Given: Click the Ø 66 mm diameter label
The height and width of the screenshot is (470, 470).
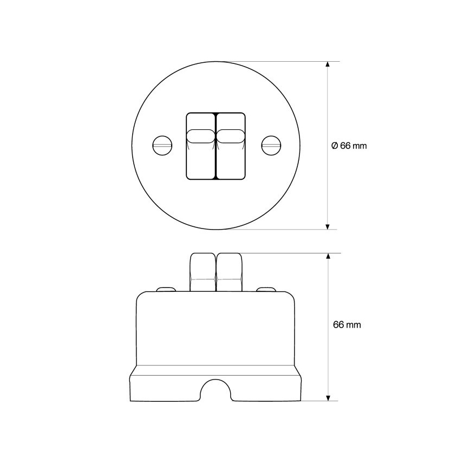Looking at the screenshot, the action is [x=349, y=146].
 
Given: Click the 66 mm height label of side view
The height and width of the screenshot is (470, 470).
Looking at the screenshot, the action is [x=347, y=325].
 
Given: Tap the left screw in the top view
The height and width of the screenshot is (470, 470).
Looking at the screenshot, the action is [x=162, y=146].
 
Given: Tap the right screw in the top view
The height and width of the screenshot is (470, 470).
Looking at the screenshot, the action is [x=271, y=146].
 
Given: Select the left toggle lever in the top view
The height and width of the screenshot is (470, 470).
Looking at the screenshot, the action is [x=201, y=136].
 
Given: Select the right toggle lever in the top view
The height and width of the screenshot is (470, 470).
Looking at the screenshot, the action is [x=230, y=136].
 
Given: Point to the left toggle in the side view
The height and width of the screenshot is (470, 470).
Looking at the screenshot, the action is [x=203, y=272].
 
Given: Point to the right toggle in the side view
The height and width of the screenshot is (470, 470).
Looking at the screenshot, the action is [x=229, y=272].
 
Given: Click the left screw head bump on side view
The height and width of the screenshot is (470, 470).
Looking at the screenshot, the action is [x=166, y=289].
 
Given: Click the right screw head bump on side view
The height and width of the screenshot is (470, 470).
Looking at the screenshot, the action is [x=266, y=289].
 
